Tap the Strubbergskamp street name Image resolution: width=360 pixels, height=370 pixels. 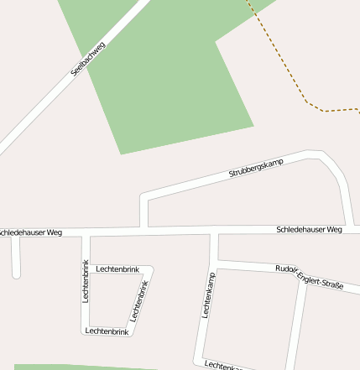click(256, 167)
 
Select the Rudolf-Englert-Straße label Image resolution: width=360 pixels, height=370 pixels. click(309, 276)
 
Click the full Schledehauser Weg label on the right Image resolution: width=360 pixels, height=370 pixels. click(309, 229)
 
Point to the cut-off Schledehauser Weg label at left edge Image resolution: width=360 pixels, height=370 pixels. click(31, 232)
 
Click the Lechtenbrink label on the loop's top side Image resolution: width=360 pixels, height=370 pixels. click(117, 268)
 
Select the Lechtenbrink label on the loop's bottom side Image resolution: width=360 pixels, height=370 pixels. click(107, 331)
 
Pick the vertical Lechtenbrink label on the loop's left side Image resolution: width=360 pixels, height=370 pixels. click(86, 282)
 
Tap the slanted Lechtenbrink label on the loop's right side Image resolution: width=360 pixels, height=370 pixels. click(139, 301)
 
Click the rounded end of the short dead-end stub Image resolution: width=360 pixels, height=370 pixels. click(16, 274)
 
